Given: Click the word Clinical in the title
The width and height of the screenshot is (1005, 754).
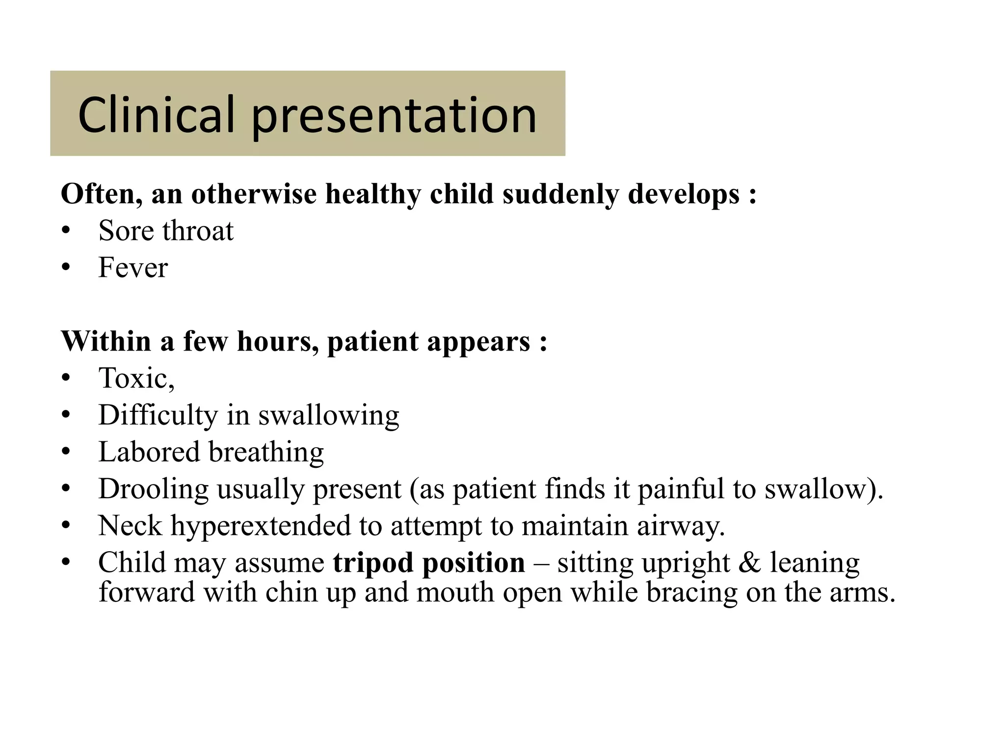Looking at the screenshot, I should click(156, 115).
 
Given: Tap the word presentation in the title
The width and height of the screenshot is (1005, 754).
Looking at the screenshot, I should click(394, 116).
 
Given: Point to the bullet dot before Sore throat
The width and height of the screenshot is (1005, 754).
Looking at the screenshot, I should click(66, 231).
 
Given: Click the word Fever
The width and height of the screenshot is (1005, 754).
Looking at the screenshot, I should click(133, 268).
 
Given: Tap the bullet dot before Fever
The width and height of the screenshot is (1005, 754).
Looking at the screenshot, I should click(66, 268).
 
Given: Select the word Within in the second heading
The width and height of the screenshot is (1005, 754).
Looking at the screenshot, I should click(106, 341).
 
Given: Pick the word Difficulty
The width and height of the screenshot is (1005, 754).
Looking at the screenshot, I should click(158, 415).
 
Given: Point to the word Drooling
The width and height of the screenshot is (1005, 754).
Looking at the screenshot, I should click(153, 489).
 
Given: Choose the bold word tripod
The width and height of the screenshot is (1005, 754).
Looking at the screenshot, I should click(373, 563).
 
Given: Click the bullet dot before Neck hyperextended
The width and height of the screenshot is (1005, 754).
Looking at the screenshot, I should click(66, 526).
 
